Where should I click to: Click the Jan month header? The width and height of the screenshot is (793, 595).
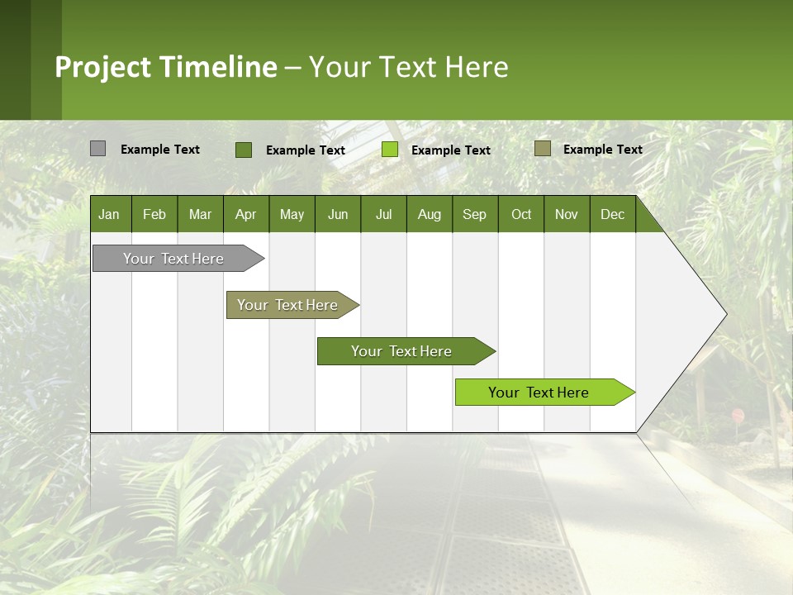109,214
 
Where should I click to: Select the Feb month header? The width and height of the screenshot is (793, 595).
154,214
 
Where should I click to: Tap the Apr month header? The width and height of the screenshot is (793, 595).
245,214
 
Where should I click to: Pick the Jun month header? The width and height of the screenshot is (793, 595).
338,214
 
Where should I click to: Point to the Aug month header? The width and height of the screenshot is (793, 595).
429,214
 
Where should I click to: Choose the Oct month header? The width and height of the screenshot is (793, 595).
521,214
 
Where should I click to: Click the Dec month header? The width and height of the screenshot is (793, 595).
612,214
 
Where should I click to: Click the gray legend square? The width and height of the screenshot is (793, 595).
97,149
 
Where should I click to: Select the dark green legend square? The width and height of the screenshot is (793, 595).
243,150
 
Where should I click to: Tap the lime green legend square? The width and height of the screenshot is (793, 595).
390,150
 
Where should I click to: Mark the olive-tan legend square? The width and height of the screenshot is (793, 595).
543,149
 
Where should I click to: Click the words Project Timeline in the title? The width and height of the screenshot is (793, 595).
166,67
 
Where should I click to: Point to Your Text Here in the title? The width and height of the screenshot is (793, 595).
408,67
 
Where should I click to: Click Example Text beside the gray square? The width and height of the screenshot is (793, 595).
160,150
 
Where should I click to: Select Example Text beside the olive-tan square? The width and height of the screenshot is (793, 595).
603,150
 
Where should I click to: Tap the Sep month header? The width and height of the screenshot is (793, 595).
474,214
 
